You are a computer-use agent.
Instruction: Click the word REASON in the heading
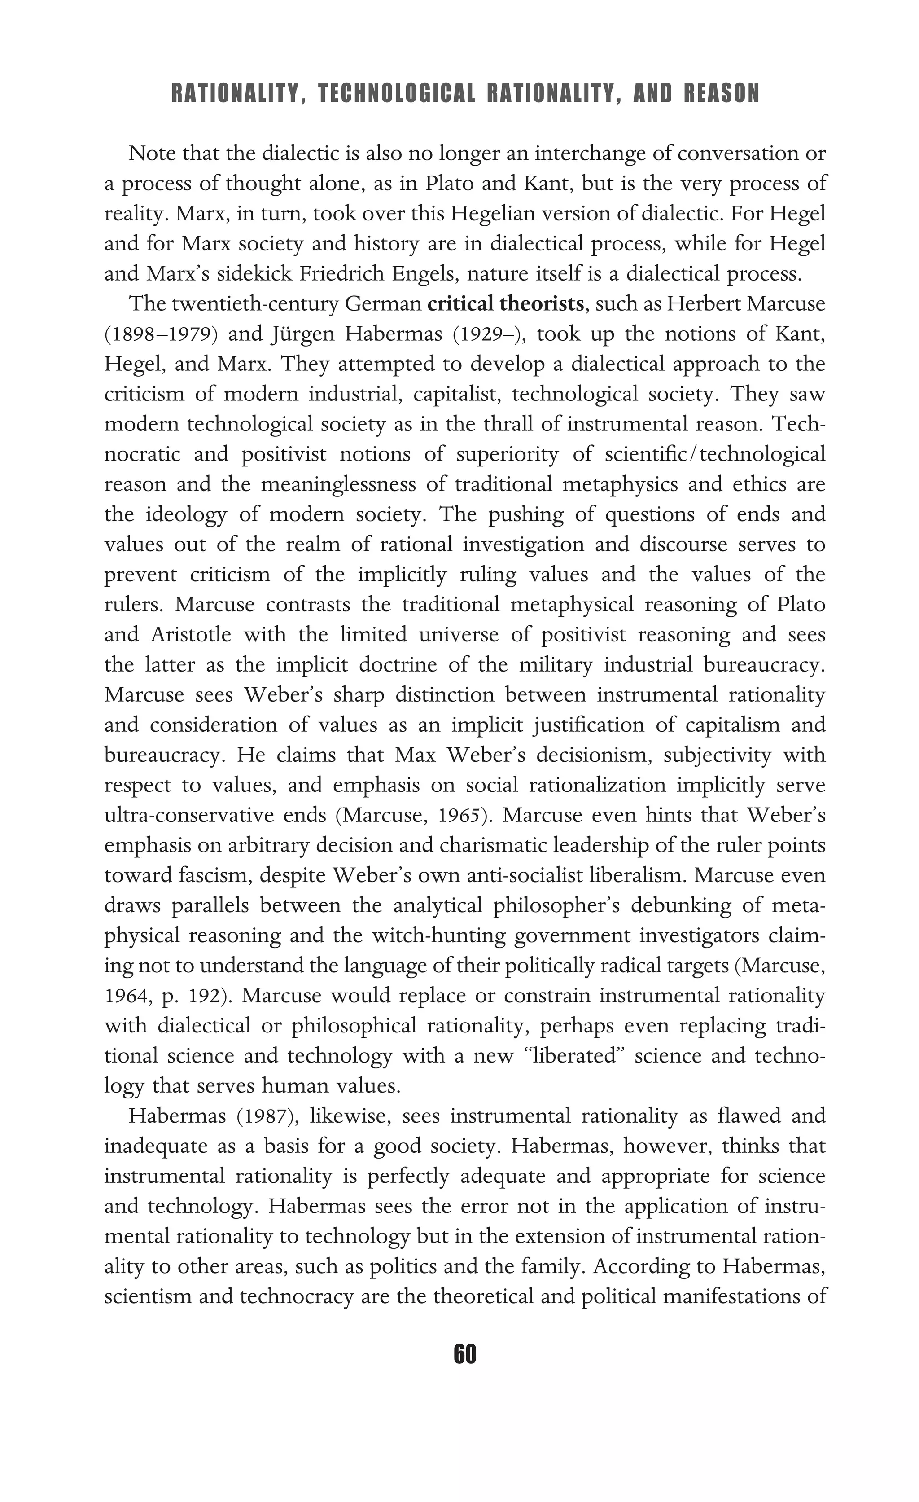(722, 94)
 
